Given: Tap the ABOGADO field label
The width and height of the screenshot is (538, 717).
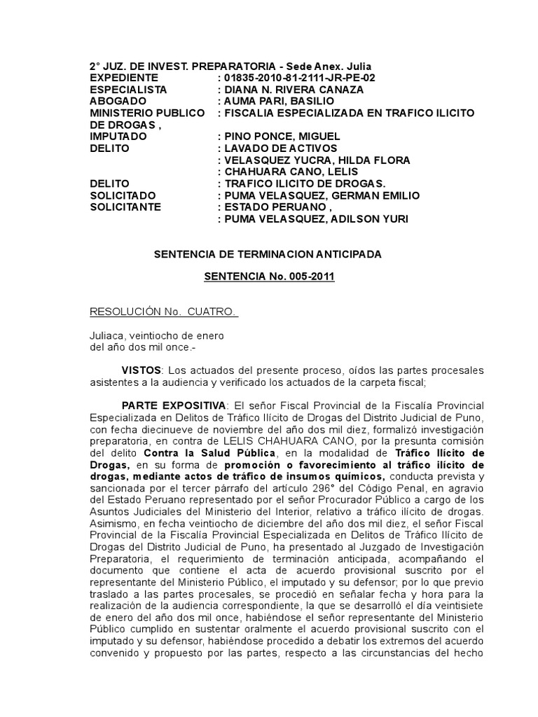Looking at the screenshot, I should (118, 102).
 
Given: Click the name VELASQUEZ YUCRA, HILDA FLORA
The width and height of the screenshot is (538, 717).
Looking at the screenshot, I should (305, 160).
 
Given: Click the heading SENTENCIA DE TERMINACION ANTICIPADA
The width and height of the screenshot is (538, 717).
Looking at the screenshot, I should (268, 254).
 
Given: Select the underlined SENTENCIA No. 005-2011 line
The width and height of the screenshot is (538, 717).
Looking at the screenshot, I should (270, 277).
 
